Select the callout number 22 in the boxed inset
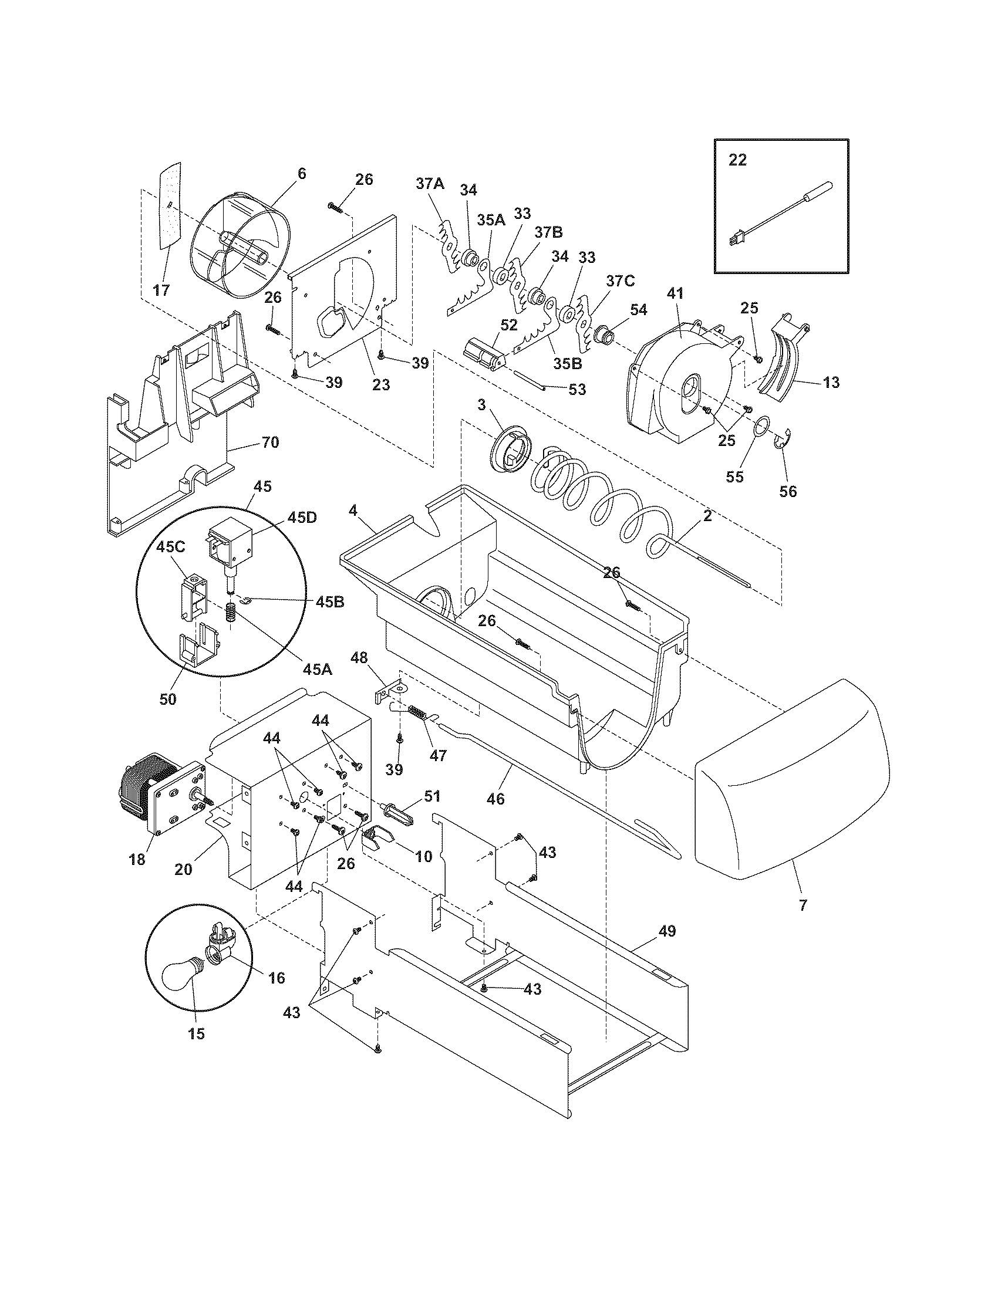pyautogui.click(x=737, y=160)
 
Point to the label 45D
pyautogui.click(x=302, y=517)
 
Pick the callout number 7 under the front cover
pyautogui.click(x=803, y=905)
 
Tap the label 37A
pyautogui.click(x=430, y=184)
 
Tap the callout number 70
pyautogui.click(x=270, y=441)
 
